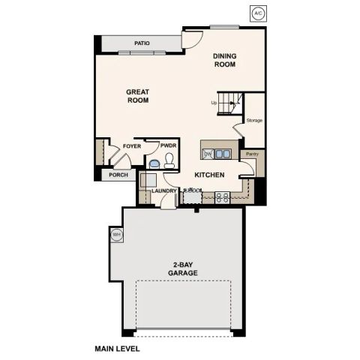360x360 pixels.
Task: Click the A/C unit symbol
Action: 258,13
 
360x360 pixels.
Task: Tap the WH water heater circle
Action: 116,235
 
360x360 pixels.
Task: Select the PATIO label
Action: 142,43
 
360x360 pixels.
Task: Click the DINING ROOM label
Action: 224,60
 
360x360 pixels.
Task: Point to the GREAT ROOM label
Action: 137,96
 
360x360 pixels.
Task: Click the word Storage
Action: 254,119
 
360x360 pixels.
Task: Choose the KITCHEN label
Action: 209,175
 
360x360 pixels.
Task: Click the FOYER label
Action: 132,146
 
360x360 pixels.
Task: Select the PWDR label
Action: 168,146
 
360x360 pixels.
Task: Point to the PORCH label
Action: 118,175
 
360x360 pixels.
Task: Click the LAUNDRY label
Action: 163,190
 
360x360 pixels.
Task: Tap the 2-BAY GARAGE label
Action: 183,268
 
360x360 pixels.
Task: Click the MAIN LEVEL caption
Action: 117,349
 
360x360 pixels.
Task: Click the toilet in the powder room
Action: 169,160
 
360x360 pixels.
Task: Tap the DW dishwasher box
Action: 207,154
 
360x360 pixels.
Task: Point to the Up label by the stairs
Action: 214,103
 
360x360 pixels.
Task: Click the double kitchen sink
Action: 223,154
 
